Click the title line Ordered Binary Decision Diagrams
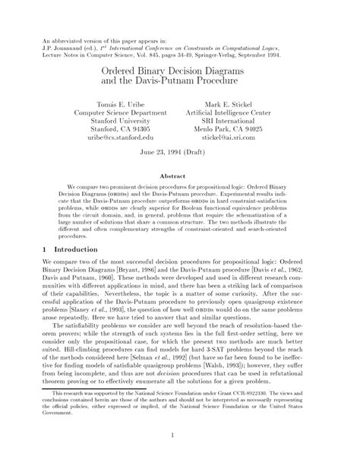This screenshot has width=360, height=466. (x=180, y=68)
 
